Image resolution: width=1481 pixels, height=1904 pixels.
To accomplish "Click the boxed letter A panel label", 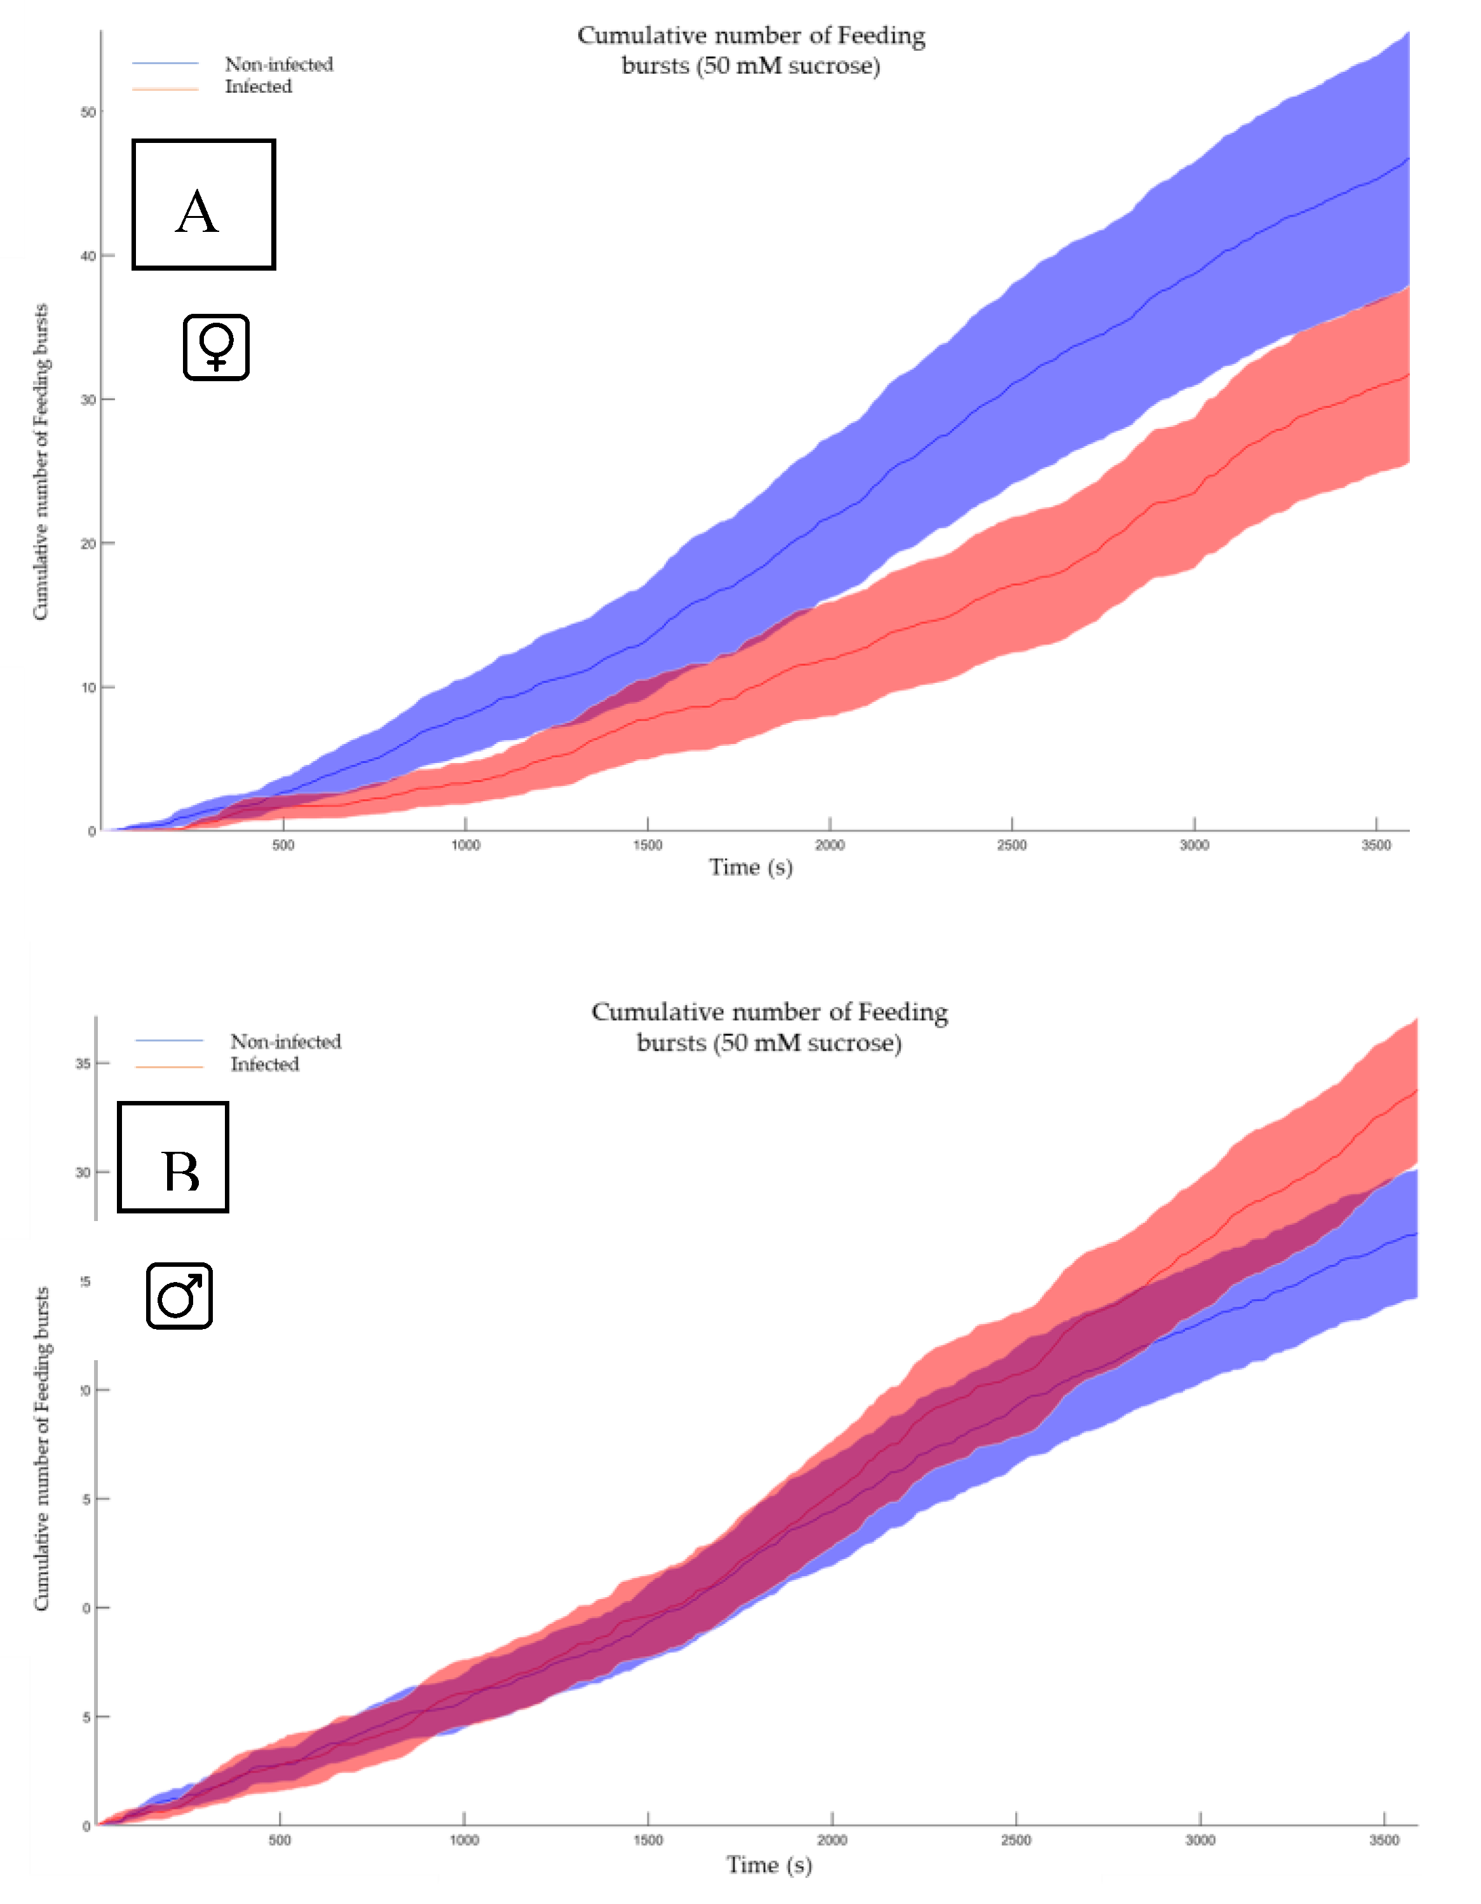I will pos(203,204).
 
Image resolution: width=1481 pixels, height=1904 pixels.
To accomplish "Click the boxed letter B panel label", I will pos(173,1157).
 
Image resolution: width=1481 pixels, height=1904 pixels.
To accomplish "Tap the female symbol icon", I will pos(216,347).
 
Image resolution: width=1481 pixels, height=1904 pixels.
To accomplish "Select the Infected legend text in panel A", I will pos(258,87).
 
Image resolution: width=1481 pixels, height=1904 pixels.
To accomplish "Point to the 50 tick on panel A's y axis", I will pos(88,112).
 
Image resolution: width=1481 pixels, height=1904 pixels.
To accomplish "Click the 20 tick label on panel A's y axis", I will pos(88,544).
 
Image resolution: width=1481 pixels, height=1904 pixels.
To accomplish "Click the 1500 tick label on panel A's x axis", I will pos(647,846).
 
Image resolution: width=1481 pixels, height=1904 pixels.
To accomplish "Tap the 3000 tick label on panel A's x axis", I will pos(1194,846).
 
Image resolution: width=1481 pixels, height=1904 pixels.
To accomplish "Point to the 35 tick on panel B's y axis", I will pos(83,1063).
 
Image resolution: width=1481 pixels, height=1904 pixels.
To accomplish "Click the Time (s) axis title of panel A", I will pos(750,867).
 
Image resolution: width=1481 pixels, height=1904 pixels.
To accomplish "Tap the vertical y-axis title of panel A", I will pos(40,462).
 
